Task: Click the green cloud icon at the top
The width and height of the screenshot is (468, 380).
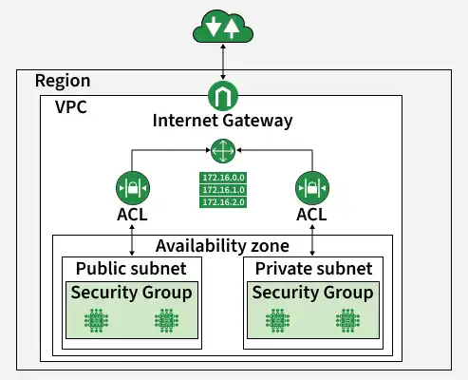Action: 223,27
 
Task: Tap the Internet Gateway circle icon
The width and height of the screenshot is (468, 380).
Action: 223,96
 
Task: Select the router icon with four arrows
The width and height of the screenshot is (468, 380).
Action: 223,151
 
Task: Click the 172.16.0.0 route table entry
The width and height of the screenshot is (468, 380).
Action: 223,178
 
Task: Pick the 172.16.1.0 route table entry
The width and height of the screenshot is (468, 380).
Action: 223,190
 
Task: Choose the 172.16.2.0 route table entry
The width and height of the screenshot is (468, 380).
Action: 223,202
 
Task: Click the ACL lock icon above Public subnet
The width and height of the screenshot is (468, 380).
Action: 133,188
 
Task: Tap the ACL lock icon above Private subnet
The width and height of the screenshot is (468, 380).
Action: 312,188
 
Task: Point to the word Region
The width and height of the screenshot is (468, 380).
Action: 63,82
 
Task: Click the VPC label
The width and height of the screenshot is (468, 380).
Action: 71,106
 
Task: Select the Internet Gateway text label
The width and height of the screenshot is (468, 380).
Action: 222,121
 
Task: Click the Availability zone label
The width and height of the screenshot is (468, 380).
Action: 222,246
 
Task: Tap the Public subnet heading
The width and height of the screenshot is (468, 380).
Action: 131,269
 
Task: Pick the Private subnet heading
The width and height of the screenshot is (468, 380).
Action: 313,269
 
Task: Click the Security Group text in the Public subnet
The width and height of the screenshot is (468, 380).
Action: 132,293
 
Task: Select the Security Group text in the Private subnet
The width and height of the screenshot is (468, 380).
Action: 312,293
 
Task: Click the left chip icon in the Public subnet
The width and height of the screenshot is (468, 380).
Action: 97,321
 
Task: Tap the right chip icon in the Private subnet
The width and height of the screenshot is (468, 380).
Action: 347,321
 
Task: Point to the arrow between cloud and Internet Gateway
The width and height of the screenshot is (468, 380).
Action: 223,62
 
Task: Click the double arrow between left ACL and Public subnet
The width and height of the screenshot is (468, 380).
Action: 132,240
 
